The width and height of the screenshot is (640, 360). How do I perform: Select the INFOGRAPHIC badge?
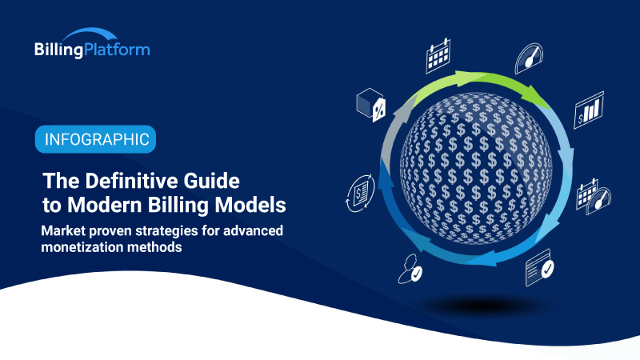tap(95, 139)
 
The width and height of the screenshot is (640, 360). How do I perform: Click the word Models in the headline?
tap(253, 205)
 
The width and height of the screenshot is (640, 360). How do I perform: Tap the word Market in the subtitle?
tap(66, 231)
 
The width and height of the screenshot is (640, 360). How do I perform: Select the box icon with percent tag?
tap(370, 104)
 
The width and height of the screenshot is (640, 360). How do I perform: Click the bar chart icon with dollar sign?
tap(589, 110)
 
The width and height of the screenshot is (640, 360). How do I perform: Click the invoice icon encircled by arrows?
tap(358, 192)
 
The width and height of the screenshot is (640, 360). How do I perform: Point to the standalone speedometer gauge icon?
tap(529, 58)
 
